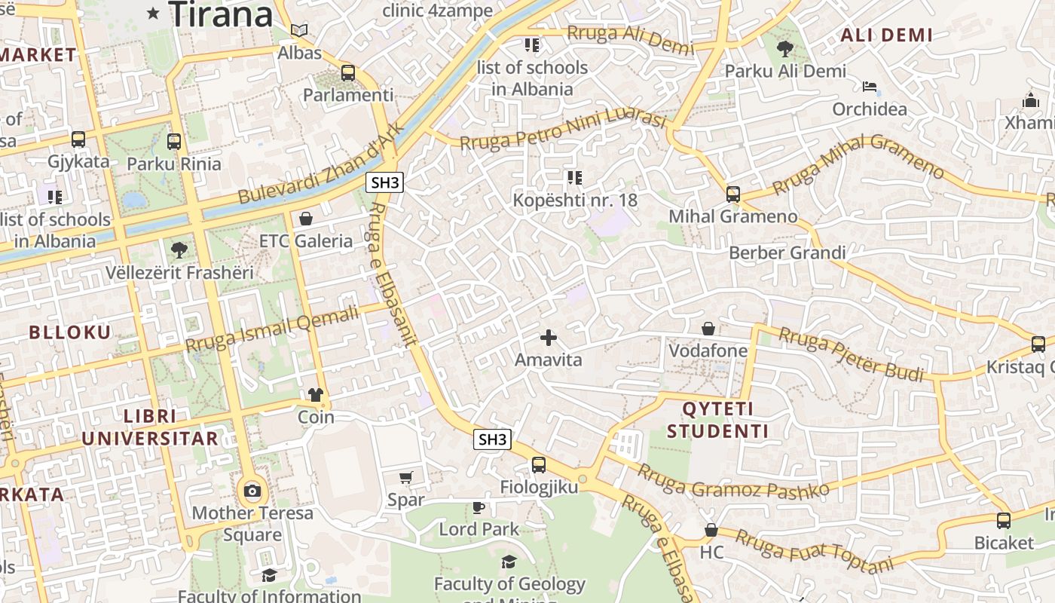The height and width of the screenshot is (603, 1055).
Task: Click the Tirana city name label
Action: [221, 14]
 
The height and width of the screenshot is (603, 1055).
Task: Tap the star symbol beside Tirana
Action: [154, 13]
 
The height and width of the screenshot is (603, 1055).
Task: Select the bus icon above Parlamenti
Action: [347, 73]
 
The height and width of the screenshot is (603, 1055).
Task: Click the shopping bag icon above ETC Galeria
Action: [306, 219]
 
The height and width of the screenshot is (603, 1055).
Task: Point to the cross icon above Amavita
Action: [549, 338]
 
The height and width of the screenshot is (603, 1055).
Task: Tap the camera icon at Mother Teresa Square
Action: [252, 491]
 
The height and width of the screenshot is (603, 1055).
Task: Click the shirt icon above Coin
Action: [315, 394]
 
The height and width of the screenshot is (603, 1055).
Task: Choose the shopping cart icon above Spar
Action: [405, 477]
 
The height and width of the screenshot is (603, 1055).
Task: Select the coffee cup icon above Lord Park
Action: [478, 507]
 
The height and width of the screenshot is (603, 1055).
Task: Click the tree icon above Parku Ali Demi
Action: [784, 49]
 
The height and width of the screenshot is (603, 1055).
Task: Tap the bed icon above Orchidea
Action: [870, 87]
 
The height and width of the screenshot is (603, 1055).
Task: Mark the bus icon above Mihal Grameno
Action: [733, 194]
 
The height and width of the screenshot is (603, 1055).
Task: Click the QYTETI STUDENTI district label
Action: [717, 421]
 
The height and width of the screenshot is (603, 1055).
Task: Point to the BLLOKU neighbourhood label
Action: [69, 332]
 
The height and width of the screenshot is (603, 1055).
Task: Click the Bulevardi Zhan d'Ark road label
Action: [321, 164]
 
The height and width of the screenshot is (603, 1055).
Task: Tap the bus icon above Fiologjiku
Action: [539, 464]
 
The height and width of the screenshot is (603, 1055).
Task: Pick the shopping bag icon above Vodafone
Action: [708, 329]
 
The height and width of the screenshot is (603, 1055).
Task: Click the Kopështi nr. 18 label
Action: [574, 200]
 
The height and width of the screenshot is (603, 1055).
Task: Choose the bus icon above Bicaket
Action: [1004, 520]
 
